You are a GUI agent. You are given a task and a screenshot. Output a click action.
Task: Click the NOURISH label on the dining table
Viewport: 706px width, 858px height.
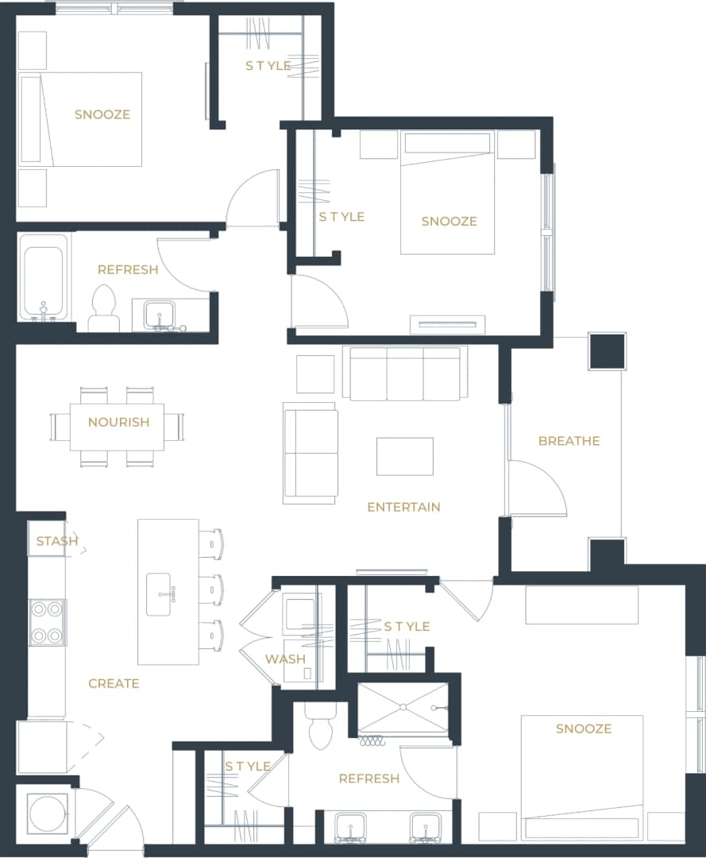pos(118,422)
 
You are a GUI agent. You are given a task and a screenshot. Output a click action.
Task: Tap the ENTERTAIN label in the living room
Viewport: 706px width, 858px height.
pos(403,507)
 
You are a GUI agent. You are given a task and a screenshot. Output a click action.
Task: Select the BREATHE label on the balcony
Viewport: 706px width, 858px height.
pos(569,441)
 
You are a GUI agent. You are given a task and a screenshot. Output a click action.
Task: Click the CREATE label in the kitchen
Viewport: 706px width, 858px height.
pos(114,683)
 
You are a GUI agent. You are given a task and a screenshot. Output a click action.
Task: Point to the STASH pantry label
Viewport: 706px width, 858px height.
pos(57,541)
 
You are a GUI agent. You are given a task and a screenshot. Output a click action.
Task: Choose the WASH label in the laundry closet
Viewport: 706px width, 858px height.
pos(285,659)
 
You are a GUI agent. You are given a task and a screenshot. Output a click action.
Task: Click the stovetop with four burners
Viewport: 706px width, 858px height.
pos(47,622)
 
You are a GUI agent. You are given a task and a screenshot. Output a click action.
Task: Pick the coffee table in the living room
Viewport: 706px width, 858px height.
pos(405,456)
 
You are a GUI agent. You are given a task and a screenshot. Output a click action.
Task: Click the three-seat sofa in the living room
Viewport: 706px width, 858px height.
pos(405,373)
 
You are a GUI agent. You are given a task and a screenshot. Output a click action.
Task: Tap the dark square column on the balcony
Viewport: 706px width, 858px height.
pos(608,351)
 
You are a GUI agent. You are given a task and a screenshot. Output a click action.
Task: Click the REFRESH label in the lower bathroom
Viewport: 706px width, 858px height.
pos(368,779)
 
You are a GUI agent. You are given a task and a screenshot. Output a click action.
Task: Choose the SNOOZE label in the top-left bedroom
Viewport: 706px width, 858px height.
pos(102,114)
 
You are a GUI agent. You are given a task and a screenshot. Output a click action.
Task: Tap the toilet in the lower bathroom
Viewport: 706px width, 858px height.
pos(321,727)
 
